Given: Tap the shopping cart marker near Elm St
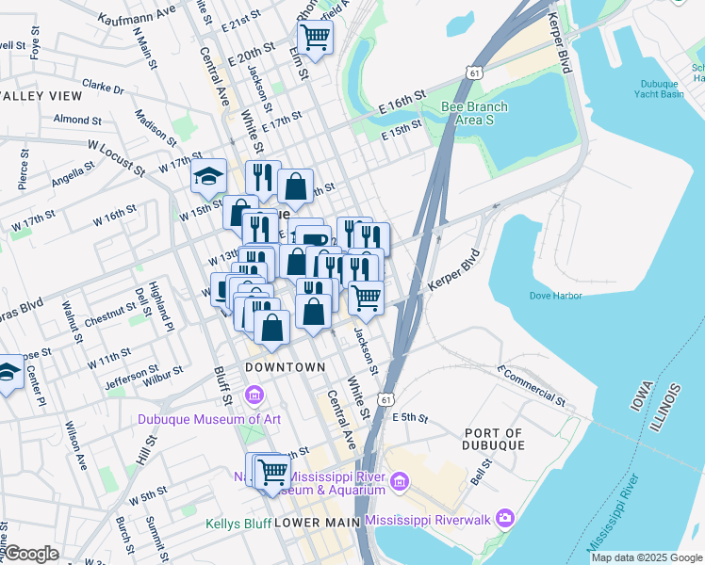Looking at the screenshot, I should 315,39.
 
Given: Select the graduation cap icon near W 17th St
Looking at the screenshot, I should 207,176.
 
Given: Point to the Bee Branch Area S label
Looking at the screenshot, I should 474,113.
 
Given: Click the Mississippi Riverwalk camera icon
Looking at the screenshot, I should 505,519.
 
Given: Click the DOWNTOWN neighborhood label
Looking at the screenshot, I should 284,366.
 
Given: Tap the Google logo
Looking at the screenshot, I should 31,554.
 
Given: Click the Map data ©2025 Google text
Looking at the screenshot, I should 647,557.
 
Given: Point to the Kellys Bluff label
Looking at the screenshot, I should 238,523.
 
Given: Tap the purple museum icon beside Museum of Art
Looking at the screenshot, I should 253,393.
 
